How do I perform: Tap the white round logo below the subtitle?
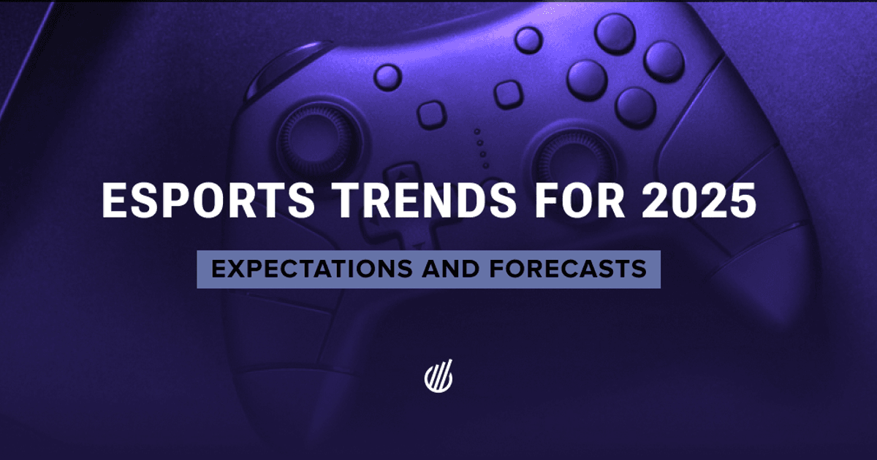[x=438, y=376]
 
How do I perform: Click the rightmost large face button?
[x=664, y=60]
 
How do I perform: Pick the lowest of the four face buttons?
[x=635, y=107]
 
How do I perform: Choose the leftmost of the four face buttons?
[x=587, y=78]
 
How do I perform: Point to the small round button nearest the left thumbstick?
[x=387, y=75]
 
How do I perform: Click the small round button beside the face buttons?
[x=528, y=39]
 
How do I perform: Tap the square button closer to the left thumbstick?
[x=433, y=115]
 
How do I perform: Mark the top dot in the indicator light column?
[x=477, y=132]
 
